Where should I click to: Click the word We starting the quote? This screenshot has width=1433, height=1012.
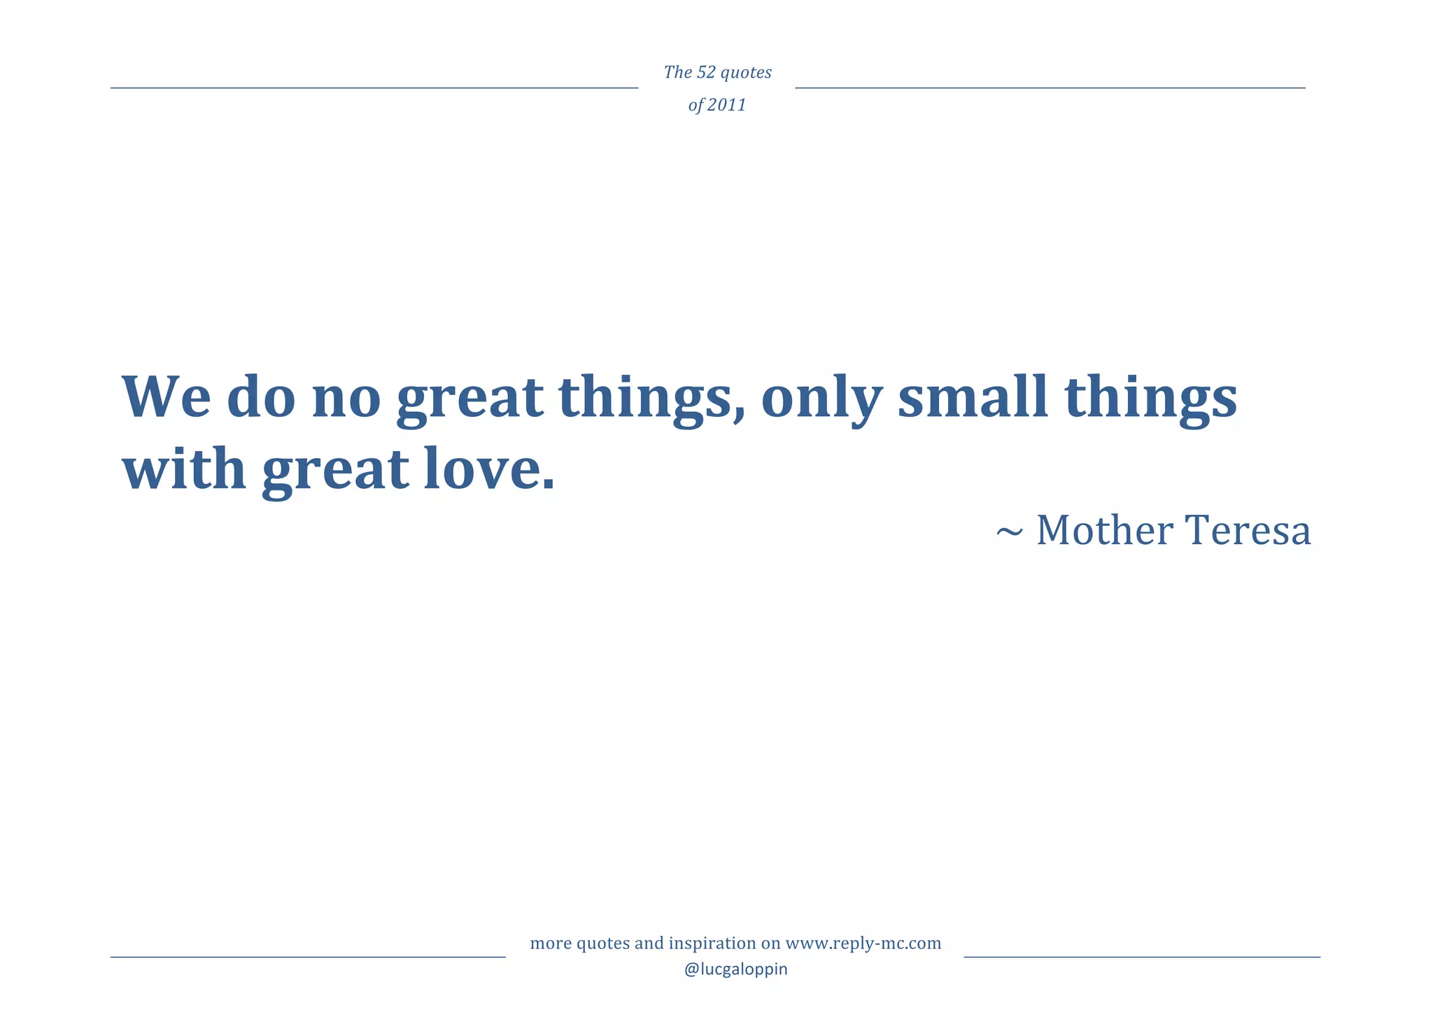coord(167,397)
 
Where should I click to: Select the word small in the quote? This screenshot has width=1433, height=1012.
coord(973,397)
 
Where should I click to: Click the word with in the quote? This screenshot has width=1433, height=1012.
coord(184,469)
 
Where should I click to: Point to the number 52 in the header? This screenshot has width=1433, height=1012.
coord(707,73)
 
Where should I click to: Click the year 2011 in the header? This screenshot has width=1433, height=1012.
coord(726,105)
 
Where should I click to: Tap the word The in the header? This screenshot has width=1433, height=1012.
coord(677,73)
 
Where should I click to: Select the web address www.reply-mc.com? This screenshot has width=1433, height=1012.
coord(863,943)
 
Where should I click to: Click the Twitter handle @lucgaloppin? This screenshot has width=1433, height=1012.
coord(735,969)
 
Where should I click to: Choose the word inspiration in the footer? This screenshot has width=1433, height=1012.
coord(714,943)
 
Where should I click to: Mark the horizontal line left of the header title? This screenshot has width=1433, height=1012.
coord(374,88)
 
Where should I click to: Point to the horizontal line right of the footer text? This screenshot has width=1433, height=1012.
coord(1141,957)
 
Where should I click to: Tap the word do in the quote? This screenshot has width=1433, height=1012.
coord(261,397)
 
